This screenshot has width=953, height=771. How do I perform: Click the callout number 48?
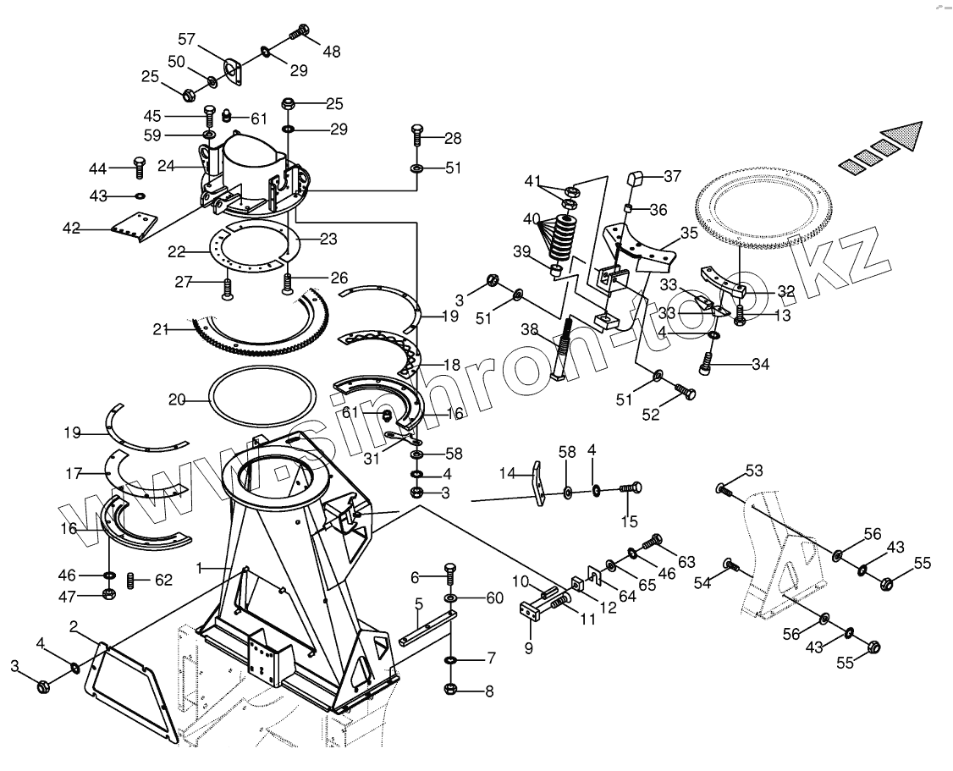click(331, 52)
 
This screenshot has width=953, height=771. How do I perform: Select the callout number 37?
click(672, 176)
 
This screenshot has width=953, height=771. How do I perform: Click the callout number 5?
click(418, 603)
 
